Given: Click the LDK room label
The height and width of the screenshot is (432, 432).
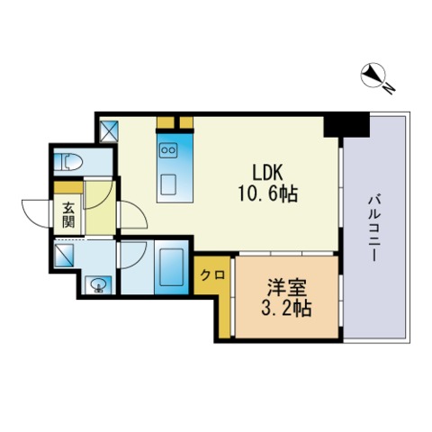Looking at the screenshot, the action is [x=267, y=173].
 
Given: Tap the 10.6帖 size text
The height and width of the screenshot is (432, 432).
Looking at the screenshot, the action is [x=267, y=193].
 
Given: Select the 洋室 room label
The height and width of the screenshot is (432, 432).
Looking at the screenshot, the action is [x=287, y=287].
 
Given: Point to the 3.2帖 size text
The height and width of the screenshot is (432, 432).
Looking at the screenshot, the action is [x=286, y=308].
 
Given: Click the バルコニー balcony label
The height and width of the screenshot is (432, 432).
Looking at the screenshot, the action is [x=374, y=229].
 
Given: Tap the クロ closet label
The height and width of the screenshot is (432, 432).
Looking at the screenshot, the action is [x=212, y=274].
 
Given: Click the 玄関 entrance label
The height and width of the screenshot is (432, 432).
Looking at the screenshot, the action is [x=68, y=215].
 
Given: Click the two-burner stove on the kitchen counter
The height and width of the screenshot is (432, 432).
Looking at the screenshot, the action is [x=168, y=150].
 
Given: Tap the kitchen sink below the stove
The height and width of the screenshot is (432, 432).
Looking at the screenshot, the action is [x=168, y=184].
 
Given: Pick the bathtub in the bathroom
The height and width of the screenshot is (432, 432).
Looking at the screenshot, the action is [x=171, y=267].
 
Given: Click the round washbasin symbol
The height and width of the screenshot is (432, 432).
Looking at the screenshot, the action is [x=98, y=285].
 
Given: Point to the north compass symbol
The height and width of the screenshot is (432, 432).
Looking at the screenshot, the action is [x=373, y=75].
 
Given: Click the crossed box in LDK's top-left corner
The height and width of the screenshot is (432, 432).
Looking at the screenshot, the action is [x=109, y=131].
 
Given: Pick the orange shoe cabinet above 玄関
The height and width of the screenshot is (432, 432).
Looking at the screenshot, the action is [x=68, y=188].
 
